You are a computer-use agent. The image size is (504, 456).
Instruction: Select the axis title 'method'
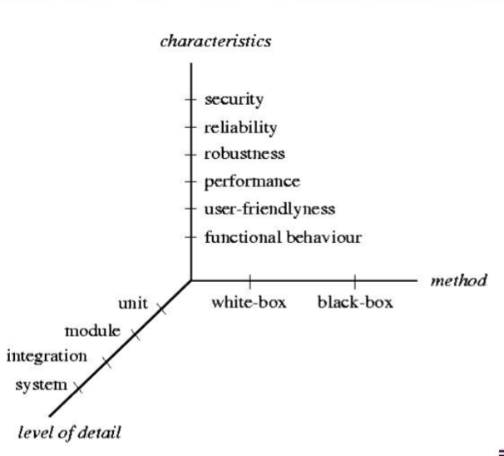458,281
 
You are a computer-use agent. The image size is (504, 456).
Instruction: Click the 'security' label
234,100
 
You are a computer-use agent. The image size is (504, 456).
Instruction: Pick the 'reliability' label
240,128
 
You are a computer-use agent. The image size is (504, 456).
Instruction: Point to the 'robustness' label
245,155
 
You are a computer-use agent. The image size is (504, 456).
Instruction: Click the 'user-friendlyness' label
269,209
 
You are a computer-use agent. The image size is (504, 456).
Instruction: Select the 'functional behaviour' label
283,237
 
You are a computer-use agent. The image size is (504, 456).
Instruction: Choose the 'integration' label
47,357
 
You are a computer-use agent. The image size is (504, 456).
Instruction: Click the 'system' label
40,384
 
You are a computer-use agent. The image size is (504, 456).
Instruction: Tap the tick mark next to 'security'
191,101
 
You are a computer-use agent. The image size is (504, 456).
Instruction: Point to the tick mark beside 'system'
79,388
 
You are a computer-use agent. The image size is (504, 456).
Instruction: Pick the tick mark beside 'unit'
162,309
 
